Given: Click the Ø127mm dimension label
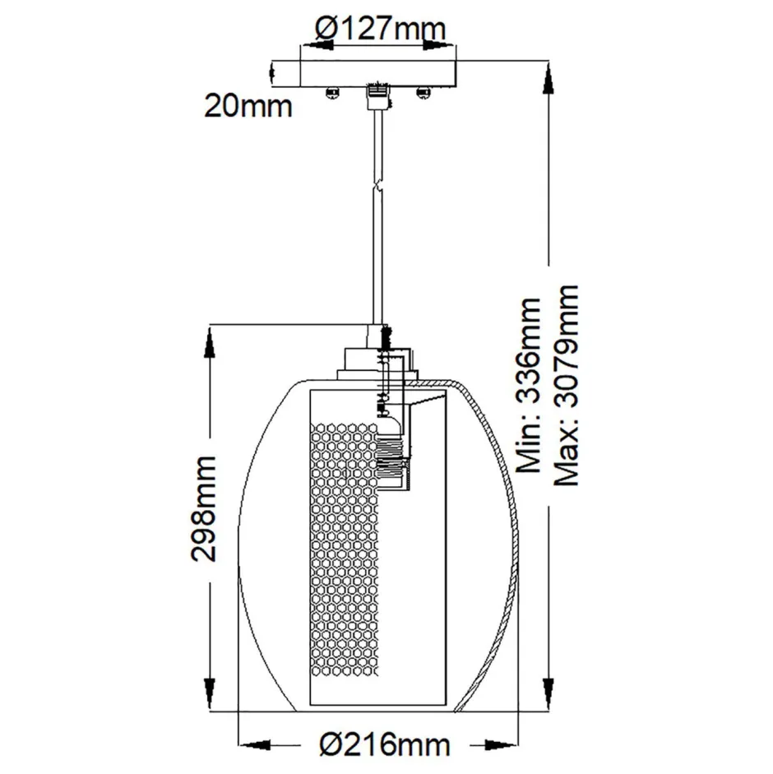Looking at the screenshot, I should pyautogui.click(x=381, y=29).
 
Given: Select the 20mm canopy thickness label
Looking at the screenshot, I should pyautogui.click(x=248, y=106).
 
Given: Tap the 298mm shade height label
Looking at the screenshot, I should pyautogui.click(x=205, y=508).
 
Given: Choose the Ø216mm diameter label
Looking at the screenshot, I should pyautogui.click(x=384, y=745).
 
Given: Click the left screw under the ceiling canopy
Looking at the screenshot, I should pyautogui.click(x=332, y=92).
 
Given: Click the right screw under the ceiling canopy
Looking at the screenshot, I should pyautogui.click(x=424, y=92).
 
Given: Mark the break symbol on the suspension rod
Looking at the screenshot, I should pyautogui.click(x=377, y=188).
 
